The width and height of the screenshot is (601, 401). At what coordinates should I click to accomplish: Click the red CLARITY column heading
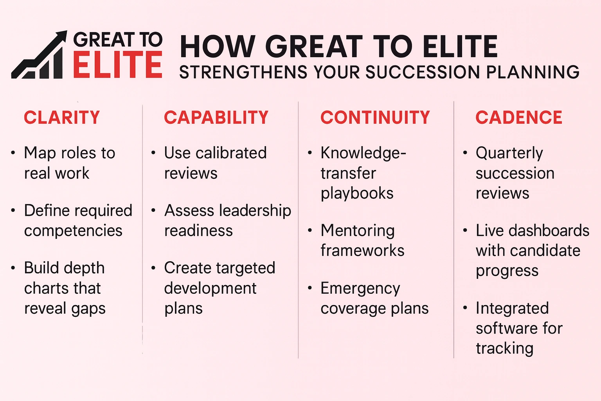[62, 117]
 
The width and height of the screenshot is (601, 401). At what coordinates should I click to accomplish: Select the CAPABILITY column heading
[216, 117]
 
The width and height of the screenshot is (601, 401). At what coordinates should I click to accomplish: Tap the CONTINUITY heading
[375, 117]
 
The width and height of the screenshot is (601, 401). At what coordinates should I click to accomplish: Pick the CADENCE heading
[519, 117]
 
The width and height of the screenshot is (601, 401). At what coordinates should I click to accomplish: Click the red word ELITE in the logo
[117, 65]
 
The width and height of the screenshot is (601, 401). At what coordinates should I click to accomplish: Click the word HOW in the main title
[218, 47]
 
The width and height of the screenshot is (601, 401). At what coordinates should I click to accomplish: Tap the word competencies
[73, 231]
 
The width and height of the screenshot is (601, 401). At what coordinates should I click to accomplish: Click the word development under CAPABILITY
[210, 289]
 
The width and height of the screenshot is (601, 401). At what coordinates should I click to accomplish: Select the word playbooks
[357, 193]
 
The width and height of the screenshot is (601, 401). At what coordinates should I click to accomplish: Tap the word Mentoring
[357, 231]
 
